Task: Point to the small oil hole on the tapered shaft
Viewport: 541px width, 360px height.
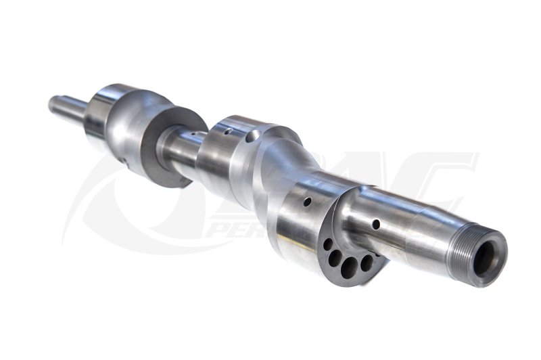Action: pyautogui.click(x=376, y=224)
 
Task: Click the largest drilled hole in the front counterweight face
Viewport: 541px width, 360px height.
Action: pyautogui.click(x=349, y=268)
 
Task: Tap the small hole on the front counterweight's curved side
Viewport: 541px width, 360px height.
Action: pyautogui.click(x=307, y=202)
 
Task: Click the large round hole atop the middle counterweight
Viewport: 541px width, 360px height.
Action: pyautogui.click(x=252, y=137)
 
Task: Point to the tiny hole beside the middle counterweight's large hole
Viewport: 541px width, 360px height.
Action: pyautogui.click(x=229, y=131)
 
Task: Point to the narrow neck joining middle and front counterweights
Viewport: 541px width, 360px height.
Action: pyautogui.click(x=298, y=169)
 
